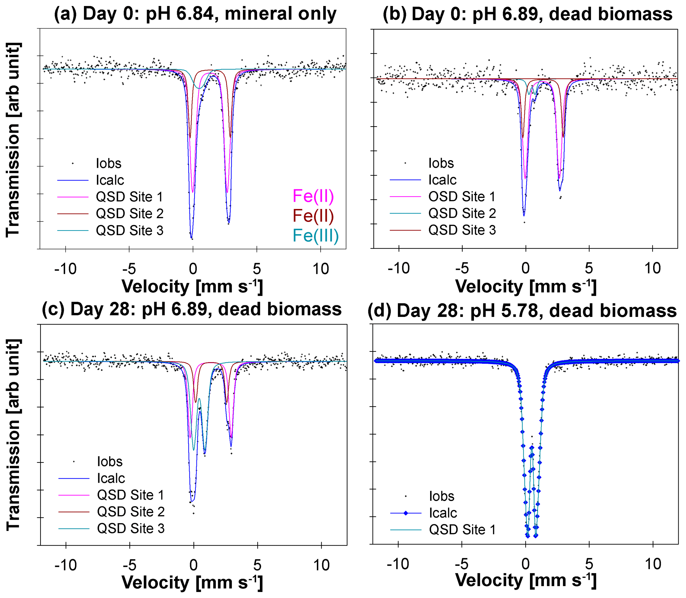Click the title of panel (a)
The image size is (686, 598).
click(195, 14)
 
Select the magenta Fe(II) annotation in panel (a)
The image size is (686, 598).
click(313, 196)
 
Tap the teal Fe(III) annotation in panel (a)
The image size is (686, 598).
click(315, 236)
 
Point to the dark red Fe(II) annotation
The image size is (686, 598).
click(313, 216)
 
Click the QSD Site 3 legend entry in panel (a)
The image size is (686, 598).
click(129, 231)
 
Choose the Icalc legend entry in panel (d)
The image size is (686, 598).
click(443, 513)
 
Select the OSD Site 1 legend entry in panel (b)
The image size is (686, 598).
click(462, 197)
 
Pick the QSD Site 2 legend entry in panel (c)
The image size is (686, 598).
click(131, 512)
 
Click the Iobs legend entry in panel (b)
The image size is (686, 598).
click(441, 163)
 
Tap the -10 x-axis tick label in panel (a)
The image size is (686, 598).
click(65, 269)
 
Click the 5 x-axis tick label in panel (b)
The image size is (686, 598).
click(589, 268)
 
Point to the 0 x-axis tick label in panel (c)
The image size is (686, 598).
click(193, 565)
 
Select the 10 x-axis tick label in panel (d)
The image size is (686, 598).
click(653, 564)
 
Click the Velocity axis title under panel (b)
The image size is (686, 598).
click(526, 286)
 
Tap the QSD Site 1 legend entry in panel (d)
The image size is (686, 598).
click(462, 530)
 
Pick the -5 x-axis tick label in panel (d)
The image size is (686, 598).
click(462, 564)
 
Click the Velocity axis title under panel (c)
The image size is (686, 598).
click(192, 583)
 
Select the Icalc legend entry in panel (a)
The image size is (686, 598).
click(110, 180)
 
